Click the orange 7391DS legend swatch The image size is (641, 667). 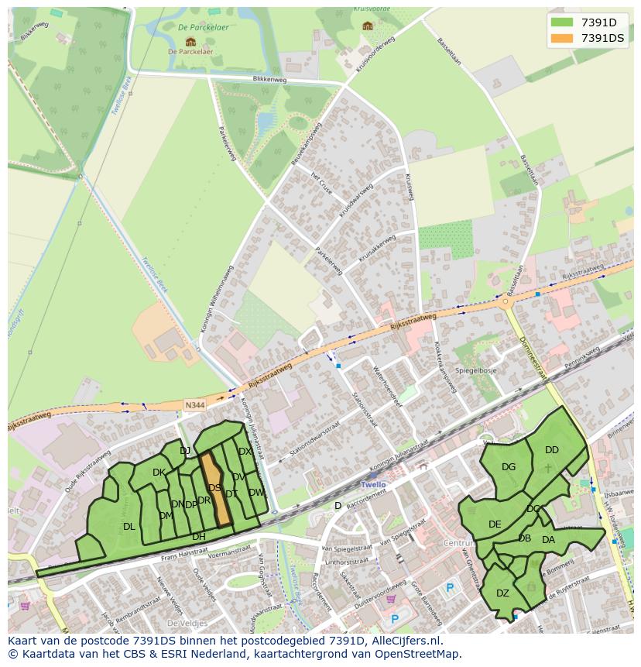click(562, 38)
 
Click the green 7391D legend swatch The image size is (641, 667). click(562, 22)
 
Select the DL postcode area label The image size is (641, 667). click(129, 527)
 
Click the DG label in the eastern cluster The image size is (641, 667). click(509, 467)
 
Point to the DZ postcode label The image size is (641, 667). click(502, 593)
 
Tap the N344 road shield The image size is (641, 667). click(195, 404)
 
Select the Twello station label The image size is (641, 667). click(373, 484)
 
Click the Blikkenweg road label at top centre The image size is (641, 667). click(270, 79)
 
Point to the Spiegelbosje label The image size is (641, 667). click(475, 371)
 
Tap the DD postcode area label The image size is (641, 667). click(551, 450)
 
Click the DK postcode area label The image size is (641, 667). click(159, 473)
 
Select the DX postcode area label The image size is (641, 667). click(245, 452)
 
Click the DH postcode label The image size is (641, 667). click(199, 537)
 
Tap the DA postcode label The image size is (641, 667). click(548, 540)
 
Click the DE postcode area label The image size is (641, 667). click(495, 524)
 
